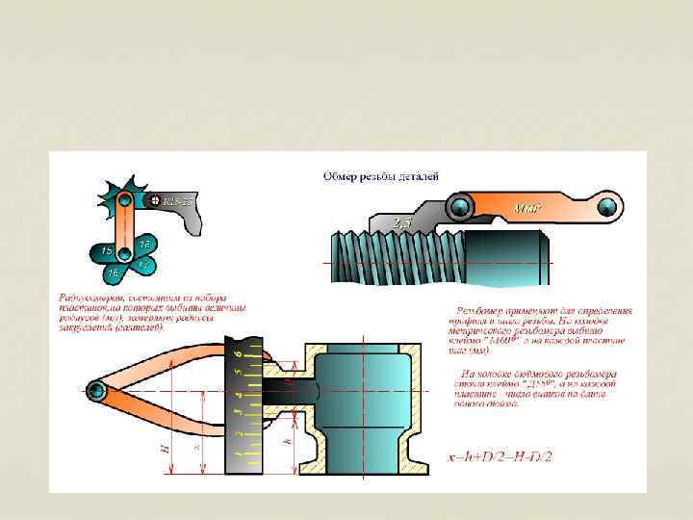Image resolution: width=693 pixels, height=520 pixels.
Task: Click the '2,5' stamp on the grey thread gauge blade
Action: (x=402, y=223)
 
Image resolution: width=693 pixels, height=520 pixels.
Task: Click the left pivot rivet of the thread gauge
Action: (x=460, y=206)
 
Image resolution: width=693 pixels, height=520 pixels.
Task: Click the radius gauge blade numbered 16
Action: (x=115, y=273)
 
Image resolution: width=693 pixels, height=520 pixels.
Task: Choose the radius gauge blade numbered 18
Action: (x=143, y=242)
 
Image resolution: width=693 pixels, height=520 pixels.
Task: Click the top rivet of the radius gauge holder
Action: (x=126, y=200)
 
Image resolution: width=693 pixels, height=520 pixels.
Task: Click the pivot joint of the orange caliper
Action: (x=96, y=389)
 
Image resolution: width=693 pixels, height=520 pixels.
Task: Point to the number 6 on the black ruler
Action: (x=240, y=353)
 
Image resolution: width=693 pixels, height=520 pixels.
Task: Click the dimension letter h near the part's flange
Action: (x=289, y=441)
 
